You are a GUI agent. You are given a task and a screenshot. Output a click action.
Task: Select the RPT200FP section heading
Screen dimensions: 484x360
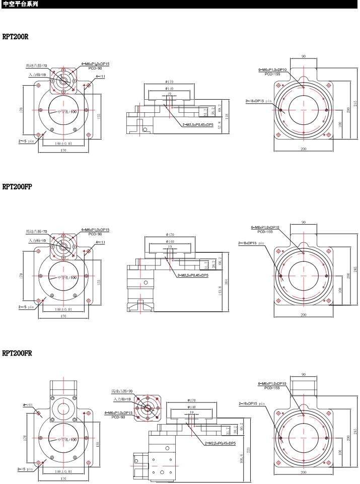pyautogui.click(x=17, y=187)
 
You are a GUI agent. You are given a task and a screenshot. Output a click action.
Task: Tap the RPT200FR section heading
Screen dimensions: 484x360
pyautogui.click(x=17, y=353)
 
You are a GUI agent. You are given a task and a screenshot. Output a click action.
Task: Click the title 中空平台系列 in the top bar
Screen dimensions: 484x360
pyautogui.click(x=20, y=4)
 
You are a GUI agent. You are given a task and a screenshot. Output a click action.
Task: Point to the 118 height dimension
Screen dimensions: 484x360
pyautogui.click(x=227, y=116)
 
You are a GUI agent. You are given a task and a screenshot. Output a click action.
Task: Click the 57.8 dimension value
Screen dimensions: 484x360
pyautogui.click(x=220, y=125)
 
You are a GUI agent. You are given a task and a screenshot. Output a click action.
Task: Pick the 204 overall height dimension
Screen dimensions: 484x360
pyautogui.click(x=227, y=282)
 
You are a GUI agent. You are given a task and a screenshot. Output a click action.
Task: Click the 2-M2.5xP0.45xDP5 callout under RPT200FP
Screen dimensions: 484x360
pyautogui.click(x=193, y=275)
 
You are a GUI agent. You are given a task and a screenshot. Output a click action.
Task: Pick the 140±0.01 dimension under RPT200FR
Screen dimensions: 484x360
pyautogui.click(x=63, y=471)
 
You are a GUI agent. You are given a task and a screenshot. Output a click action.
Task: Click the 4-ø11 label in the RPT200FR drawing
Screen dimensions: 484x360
pyautogui.click(x=28, y=404)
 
